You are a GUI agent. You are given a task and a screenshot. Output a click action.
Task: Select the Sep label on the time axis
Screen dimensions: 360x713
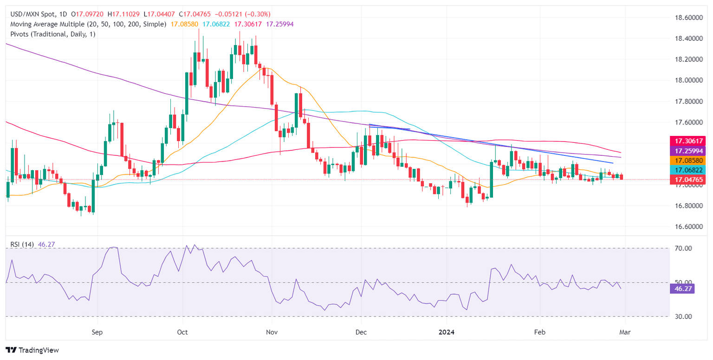(x=97, y=332)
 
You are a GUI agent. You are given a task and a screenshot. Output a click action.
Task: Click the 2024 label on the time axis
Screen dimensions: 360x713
(x=447, y=332)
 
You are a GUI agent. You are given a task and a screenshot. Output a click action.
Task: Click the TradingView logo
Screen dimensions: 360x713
(x=32, y=350)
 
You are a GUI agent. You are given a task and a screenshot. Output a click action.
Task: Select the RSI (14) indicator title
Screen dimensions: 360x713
(x=22, y=244)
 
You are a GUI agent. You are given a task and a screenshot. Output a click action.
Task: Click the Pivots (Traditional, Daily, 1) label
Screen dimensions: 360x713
(x=51, y=34)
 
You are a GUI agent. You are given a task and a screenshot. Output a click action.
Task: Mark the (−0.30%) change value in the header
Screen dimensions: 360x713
(x=254, y=14)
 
